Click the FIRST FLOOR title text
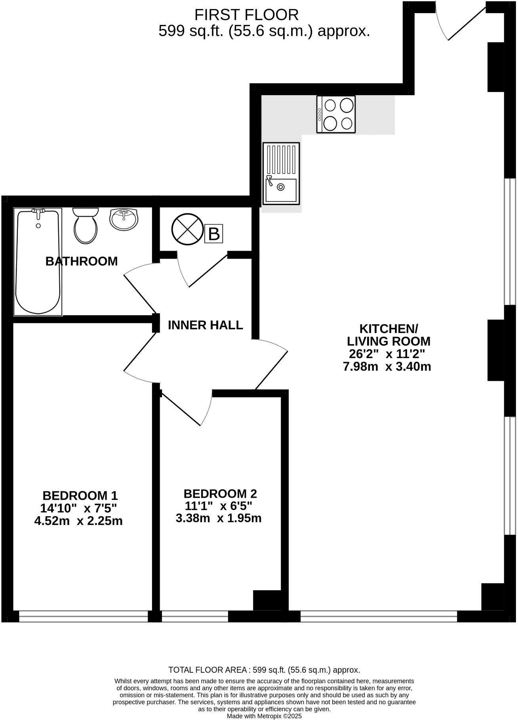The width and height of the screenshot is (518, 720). click(x=246, y=15)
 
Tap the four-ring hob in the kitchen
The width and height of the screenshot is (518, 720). click(x=336, y=114)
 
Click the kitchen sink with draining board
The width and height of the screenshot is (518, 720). click(x=281, y=174)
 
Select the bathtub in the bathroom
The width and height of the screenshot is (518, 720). click(x=38, y=262)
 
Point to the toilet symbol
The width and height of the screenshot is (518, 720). click(x=86, y=226)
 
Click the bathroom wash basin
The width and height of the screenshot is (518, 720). click(x=124, y=219)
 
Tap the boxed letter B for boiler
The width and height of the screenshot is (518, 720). click(x=213, y=234)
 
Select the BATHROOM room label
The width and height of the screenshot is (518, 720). click(x=82, y=261)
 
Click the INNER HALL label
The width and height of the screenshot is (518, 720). click(x=205, y=325)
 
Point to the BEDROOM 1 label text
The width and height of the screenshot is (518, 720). click(x=80, y=496)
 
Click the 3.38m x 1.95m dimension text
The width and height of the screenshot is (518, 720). click(x=219, y=518)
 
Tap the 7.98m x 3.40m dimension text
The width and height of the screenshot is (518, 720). click(x=387, y=366)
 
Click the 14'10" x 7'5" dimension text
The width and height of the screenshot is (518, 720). click(x=78, y=508)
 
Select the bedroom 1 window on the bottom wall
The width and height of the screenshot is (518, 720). click(x=83, y=617)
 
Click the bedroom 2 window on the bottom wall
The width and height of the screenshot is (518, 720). click(x=195, y=617)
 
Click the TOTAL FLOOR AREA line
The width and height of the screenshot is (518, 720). click(x=264, y=670)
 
